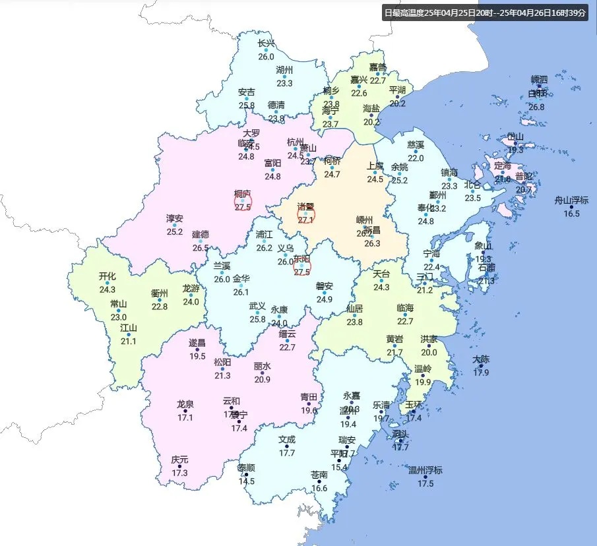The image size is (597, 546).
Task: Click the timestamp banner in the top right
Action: click(484, 12)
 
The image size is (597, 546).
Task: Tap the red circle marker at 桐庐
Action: click(243, 202)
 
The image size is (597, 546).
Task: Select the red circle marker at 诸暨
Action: click(304, 214)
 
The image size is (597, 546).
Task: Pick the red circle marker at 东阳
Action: click(302, 266)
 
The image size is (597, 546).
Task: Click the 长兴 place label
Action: click(266, 44)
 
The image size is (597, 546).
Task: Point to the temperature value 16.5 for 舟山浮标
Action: click(571, 214)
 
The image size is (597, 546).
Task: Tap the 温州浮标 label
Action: click(425, 470)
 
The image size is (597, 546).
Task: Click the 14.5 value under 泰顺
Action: click(247, 481)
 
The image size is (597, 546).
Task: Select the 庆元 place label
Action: click(179, 459)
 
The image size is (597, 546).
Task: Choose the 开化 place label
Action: click(108, 276)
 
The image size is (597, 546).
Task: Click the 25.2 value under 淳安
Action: click(175, 231)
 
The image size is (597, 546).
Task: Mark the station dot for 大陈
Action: click(482, 366)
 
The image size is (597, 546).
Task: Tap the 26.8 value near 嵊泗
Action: click(536, 107)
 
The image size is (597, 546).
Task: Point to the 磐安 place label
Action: click(324, 286)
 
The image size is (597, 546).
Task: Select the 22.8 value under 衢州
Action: click(160, 307)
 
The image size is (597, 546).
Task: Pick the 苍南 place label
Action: click(319, 475)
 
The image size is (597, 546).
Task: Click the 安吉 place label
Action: click(247, 92)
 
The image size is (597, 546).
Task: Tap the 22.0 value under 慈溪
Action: click(416, 158)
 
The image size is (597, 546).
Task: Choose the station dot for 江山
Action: click(129, 334)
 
